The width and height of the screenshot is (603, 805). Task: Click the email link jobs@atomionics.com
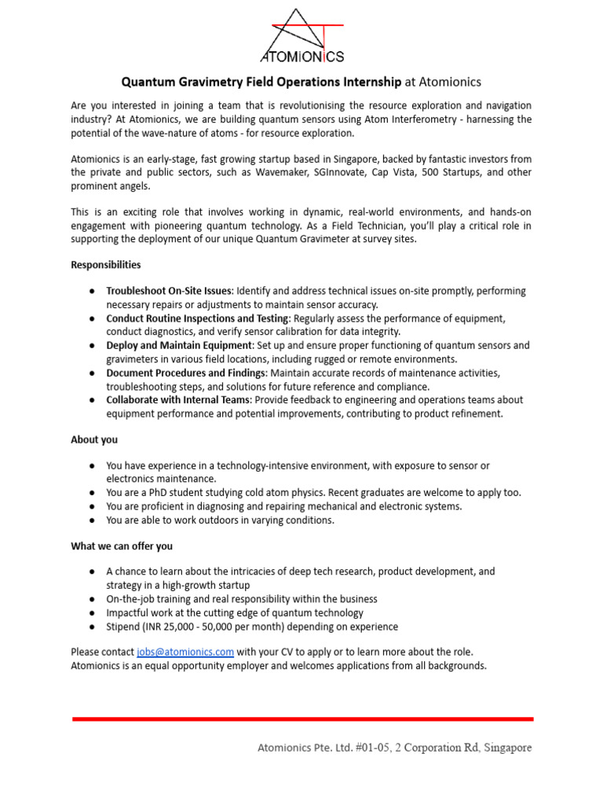[x=185, y=652]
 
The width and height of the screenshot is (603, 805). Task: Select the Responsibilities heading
[x=106, y=265]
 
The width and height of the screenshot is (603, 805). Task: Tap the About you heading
[x=94, y=439]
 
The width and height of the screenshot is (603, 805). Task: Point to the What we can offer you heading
[x=122, y=546]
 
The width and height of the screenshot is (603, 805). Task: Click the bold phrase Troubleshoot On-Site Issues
[x=169, y=291]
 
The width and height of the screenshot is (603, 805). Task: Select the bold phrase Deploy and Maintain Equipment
[x=180, y=345]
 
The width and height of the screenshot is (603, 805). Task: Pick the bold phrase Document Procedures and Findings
[x=186, y=373]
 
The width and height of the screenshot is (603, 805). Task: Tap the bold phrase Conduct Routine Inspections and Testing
[x=198, y=318]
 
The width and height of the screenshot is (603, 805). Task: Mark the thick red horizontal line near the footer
[x=302, y=719]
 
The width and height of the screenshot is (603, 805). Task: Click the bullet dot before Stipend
[x=92, y=627]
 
